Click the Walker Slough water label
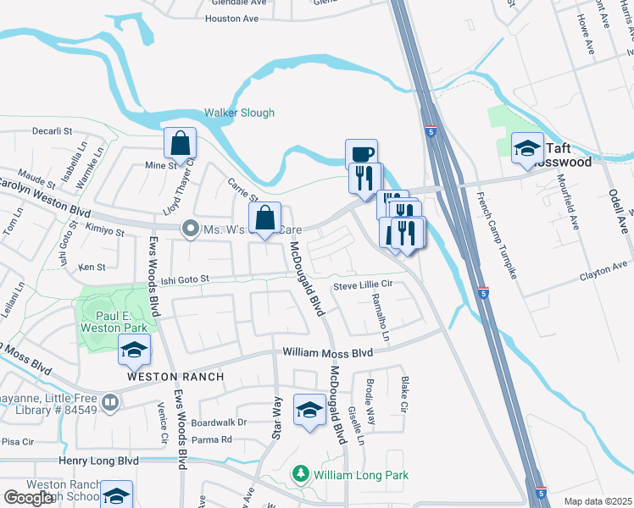239,113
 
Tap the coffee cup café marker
361,155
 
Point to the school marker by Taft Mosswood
527,148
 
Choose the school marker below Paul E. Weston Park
134,350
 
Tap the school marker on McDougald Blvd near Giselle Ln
309,411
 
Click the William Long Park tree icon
298,475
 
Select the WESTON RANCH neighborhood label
175,376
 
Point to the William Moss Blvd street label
328,352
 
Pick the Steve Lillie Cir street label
363,286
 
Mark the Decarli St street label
54,132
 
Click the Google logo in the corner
28,498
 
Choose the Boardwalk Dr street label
219,422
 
